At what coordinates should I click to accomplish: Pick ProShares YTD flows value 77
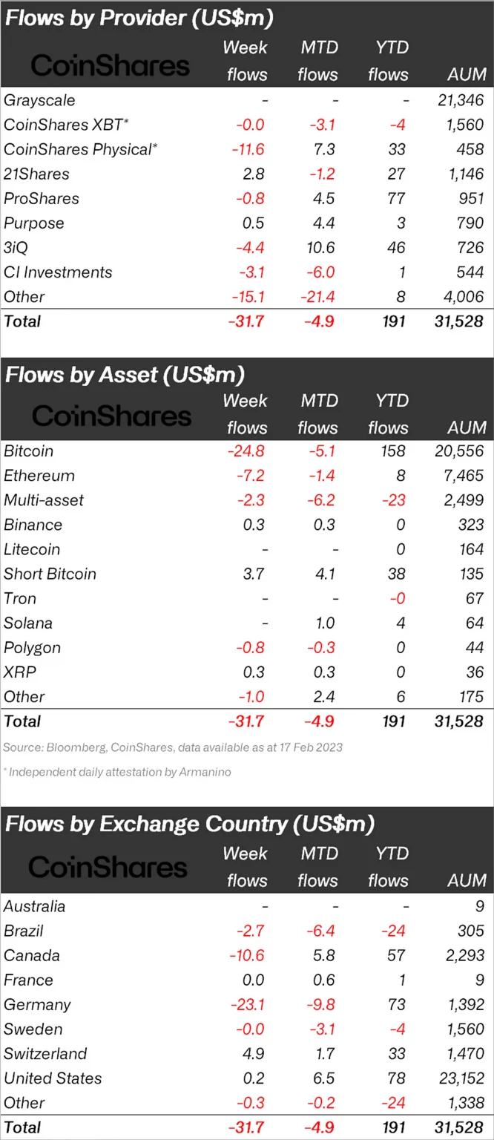coord(397,199)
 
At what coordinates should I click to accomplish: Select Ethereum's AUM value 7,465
coord(464,476)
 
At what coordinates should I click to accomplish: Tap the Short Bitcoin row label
coord(50,574)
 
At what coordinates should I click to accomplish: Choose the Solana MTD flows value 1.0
coord(325,623)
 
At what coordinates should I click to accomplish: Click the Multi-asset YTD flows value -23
coord(394,500)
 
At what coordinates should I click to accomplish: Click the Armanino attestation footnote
coord(117,772)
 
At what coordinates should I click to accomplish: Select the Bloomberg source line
coord(172,747)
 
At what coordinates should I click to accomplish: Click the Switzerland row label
coord(45,1054)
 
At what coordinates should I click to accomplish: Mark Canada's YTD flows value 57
coord(397,956)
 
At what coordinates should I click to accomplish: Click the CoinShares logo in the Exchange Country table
coord(108,867)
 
